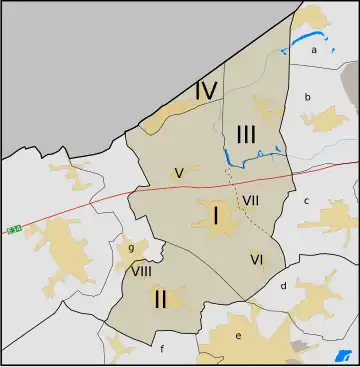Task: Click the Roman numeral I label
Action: (215, 215)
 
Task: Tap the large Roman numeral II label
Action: (159, 298)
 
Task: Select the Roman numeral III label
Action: (248, 133)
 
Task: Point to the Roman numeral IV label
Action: (207, 91)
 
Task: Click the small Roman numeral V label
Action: (178, 172)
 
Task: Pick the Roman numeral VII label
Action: (251, 200)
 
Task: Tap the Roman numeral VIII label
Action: (141, 271)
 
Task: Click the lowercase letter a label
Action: (314, 49)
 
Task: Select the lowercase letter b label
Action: (308, 97)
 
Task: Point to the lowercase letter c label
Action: (307, 200)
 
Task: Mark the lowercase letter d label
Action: (284, 286)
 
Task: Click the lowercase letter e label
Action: (238, 336)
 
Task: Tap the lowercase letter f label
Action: (161, 349)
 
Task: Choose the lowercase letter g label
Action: (131, 249)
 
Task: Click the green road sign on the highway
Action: (14, 230)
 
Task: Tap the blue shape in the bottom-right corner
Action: (337, 357)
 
